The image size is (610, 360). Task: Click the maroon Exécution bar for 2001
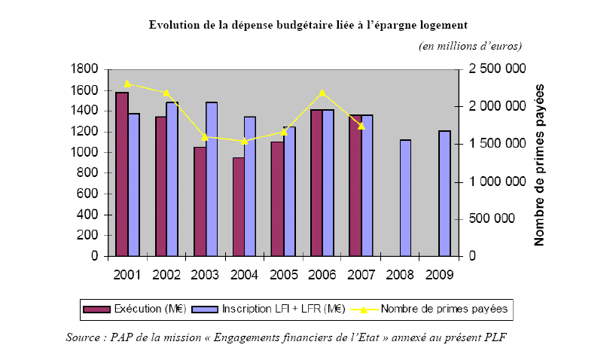pyautogui.click(x=122, y=174)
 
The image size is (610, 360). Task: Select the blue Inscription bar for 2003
pyautogui.click(x=212, y=179)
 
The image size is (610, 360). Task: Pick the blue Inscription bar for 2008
pyautogui.click(x=406, y=198)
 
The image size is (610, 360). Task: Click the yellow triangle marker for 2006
pyautogui.click(x=322, y=93)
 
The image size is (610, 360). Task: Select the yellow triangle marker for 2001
pyautogui.click(x=127, y=84)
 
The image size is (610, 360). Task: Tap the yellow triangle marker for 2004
pyautogui.click(x=244, y=141)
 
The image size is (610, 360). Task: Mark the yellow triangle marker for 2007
pyautogui.click(x=361, y=126)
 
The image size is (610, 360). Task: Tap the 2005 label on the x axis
pyautogui.click(x=283, y=273)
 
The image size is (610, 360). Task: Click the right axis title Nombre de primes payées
pyautogui.click(x=539, y=163)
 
